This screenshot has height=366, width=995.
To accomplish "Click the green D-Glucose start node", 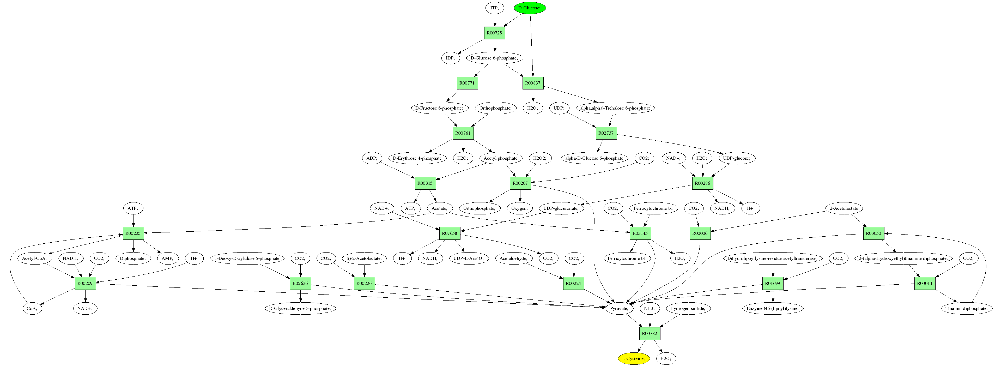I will [530, 8].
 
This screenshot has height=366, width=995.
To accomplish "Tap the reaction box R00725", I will [494, 33].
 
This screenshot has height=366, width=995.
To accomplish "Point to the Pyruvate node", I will [619, 308].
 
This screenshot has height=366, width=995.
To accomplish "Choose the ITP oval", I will [494, 8].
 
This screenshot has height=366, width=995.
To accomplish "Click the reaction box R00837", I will [533, 83].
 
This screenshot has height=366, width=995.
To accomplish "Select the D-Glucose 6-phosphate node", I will [494, 58].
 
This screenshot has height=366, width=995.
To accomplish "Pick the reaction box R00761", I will [463, 133].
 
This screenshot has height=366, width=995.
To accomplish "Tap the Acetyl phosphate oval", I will [500, 158].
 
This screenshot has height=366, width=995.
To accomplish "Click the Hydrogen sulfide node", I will [688, 308].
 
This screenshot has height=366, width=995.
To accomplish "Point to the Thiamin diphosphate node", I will [966, 308].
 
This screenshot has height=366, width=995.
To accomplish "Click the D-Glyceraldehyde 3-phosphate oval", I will [300, 308].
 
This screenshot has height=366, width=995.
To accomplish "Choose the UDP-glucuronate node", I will [561, 208].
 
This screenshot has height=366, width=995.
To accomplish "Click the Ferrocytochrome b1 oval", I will [653, 208].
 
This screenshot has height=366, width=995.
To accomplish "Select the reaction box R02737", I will [606, 133].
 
